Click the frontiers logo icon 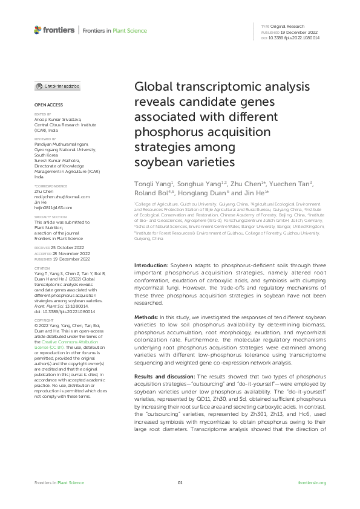[x=38, y=30]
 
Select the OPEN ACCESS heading [x=45, y=105]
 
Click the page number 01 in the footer [x=180, y=482]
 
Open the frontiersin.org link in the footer [x=313, y=482]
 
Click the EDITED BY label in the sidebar [x=42, y=114]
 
